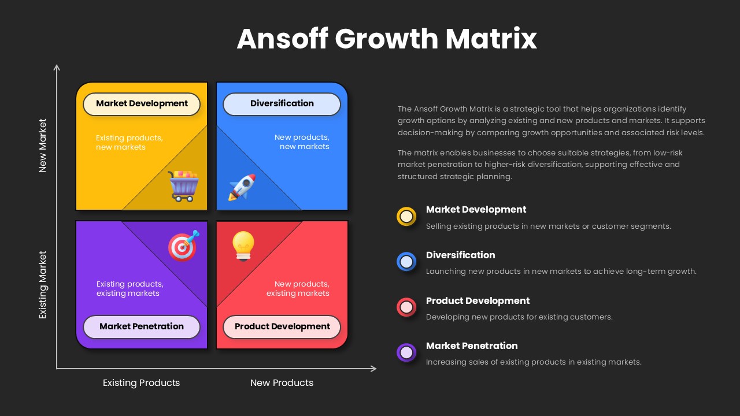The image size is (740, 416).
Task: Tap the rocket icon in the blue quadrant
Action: coord(242,187)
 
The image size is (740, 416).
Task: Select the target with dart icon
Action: coord(183,246)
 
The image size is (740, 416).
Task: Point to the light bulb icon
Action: coord(243,246)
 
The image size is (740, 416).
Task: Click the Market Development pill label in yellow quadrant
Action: coord(142,104)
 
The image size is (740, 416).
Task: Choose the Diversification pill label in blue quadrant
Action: coord(282,104)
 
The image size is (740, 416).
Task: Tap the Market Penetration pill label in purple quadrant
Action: coord(142,326)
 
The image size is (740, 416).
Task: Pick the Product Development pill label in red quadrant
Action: coord(282,326)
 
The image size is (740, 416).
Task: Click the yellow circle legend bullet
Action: coord(406,216)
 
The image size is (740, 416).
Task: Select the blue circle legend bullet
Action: coord(406,262)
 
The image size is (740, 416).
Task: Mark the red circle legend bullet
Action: coord(406,307)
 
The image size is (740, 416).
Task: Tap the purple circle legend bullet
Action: coord(406,352)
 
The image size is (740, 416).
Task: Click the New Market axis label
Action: coord(43,146)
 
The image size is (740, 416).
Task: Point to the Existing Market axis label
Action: coord(43,285)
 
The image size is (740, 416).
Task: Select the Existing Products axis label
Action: coord(141,382)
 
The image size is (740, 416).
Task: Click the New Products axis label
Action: coord(282,382)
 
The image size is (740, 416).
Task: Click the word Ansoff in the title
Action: coord(283,39)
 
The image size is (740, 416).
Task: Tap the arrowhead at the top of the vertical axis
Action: coord(57,68)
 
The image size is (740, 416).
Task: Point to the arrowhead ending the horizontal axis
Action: coord(373,368)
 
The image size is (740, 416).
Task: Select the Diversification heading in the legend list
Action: coord(460,255)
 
